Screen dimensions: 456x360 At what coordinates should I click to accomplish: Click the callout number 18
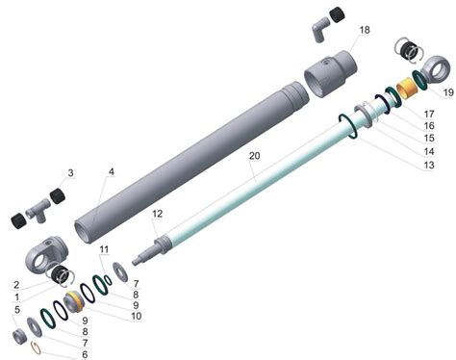pyautogui.click(x=365, y=30)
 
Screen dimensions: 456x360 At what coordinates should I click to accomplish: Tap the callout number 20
pyautogui.click(x=255, y=156)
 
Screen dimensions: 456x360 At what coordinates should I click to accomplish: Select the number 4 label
pyautogui.click(x=111, y=171)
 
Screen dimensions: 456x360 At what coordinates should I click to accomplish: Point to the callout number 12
pyautogui.click(x=158, y=214)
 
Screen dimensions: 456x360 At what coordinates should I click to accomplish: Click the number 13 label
pyautogui.click(x=429, y=165)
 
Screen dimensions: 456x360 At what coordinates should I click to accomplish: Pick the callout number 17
pyautogui.click(x=429, y=114)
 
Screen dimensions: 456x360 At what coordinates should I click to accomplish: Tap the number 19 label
pyautogui.click(x=448, y=92)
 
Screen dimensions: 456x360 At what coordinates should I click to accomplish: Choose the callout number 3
pyautogui.click(x=70, y=173)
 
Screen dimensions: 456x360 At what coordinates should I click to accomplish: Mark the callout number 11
pyautogui.click(x=104, y=249)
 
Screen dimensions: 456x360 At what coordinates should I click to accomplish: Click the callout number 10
pyautogui.click(x=136, y=316)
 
